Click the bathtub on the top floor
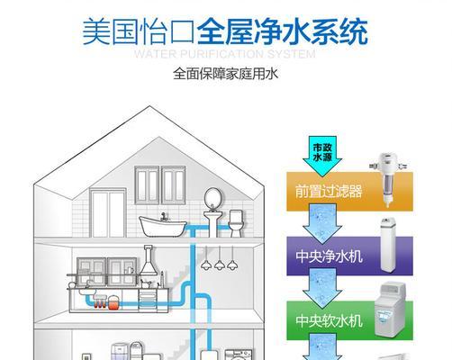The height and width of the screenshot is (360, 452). click(163, 226)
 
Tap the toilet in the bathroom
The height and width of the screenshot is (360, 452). click(236, 223)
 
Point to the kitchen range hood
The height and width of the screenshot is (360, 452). click(148, 260)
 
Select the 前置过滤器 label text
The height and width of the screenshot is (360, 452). click(329, 192)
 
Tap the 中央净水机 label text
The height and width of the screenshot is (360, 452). click(329, 256)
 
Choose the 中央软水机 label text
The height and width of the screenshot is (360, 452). click(329, 320)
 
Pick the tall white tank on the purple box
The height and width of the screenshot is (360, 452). click(389, 245)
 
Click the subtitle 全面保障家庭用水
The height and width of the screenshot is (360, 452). click(226, 74)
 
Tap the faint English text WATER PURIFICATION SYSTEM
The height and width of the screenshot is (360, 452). click(224, 54)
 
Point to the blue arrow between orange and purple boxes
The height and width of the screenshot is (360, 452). click(322, 224)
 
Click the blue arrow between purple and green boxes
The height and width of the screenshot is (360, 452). click(322, 289)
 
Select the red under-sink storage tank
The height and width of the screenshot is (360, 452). click(113, 302)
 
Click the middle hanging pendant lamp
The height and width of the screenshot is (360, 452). click(220, 258)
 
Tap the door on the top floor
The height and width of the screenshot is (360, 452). click(108, 212)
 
